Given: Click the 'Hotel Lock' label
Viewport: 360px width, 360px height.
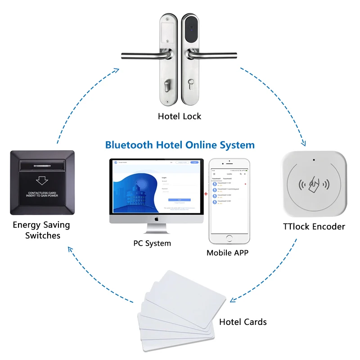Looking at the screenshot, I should point(179,116).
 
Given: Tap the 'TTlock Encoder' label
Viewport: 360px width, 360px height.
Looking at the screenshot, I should point(314,226).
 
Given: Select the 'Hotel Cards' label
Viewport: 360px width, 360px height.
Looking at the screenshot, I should point(243,322).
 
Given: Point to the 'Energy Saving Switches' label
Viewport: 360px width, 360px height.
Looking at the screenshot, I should point(41,230).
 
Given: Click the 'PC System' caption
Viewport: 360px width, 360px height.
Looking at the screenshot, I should point(152,243).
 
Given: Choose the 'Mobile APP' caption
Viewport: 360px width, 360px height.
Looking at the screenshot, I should point(227,252).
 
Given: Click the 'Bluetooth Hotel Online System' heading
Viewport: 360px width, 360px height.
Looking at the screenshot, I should point(180,145).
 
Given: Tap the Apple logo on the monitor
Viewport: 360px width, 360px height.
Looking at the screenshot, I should point(157,219).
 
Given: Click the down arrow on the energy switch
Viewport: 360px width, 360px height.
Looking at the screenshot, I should point(42,180).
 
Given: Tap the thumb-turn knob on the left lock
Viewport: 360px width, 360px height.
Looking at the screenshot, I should point(167,84).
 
